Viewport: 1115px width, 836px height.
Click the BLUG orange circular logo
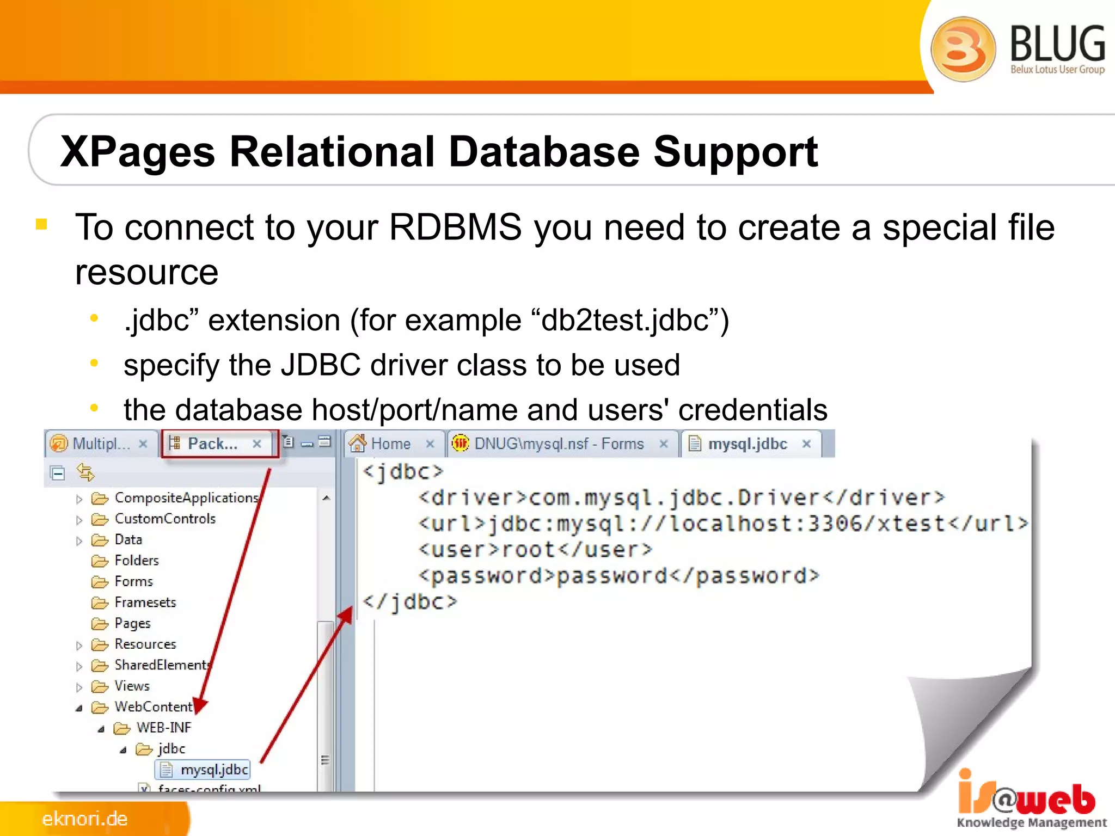(963, 49)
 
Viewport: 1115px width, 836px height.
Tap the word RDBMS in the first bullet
(455, 227)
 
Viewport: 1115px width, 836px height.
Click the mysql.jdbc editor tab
(747, 444)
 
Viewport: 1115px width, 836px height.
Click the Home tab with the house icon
(390, 444)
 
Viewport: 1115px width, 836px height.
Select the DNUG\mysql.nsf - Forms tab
(559, 444)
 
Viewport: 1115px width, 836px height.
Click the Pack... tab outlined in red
(212, 444)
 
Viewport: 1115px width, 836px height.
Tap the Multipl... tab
(101, 444)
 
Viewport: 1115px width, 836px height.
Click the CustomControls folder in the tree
(164, 519)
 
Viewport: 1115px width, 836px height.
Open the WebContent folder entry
(153, 707)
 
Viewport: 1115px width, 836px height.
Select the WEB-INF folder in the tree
(163, 728)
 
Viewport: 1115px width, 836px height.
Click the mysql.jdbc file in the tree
(213, 770)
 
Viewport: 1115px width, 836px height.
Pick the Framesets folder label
(145, 603)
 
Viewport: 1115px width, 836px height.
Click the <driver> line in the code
(681, 497)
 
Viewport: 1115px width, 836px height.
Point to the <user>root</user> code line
(535, 550)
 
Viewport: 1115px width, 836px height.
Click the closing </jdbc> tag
(410, 602)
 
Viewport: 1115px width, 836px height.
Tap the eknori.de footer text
(85, 819)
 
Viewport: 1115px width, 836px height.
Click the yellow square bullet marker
(41, 224)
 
